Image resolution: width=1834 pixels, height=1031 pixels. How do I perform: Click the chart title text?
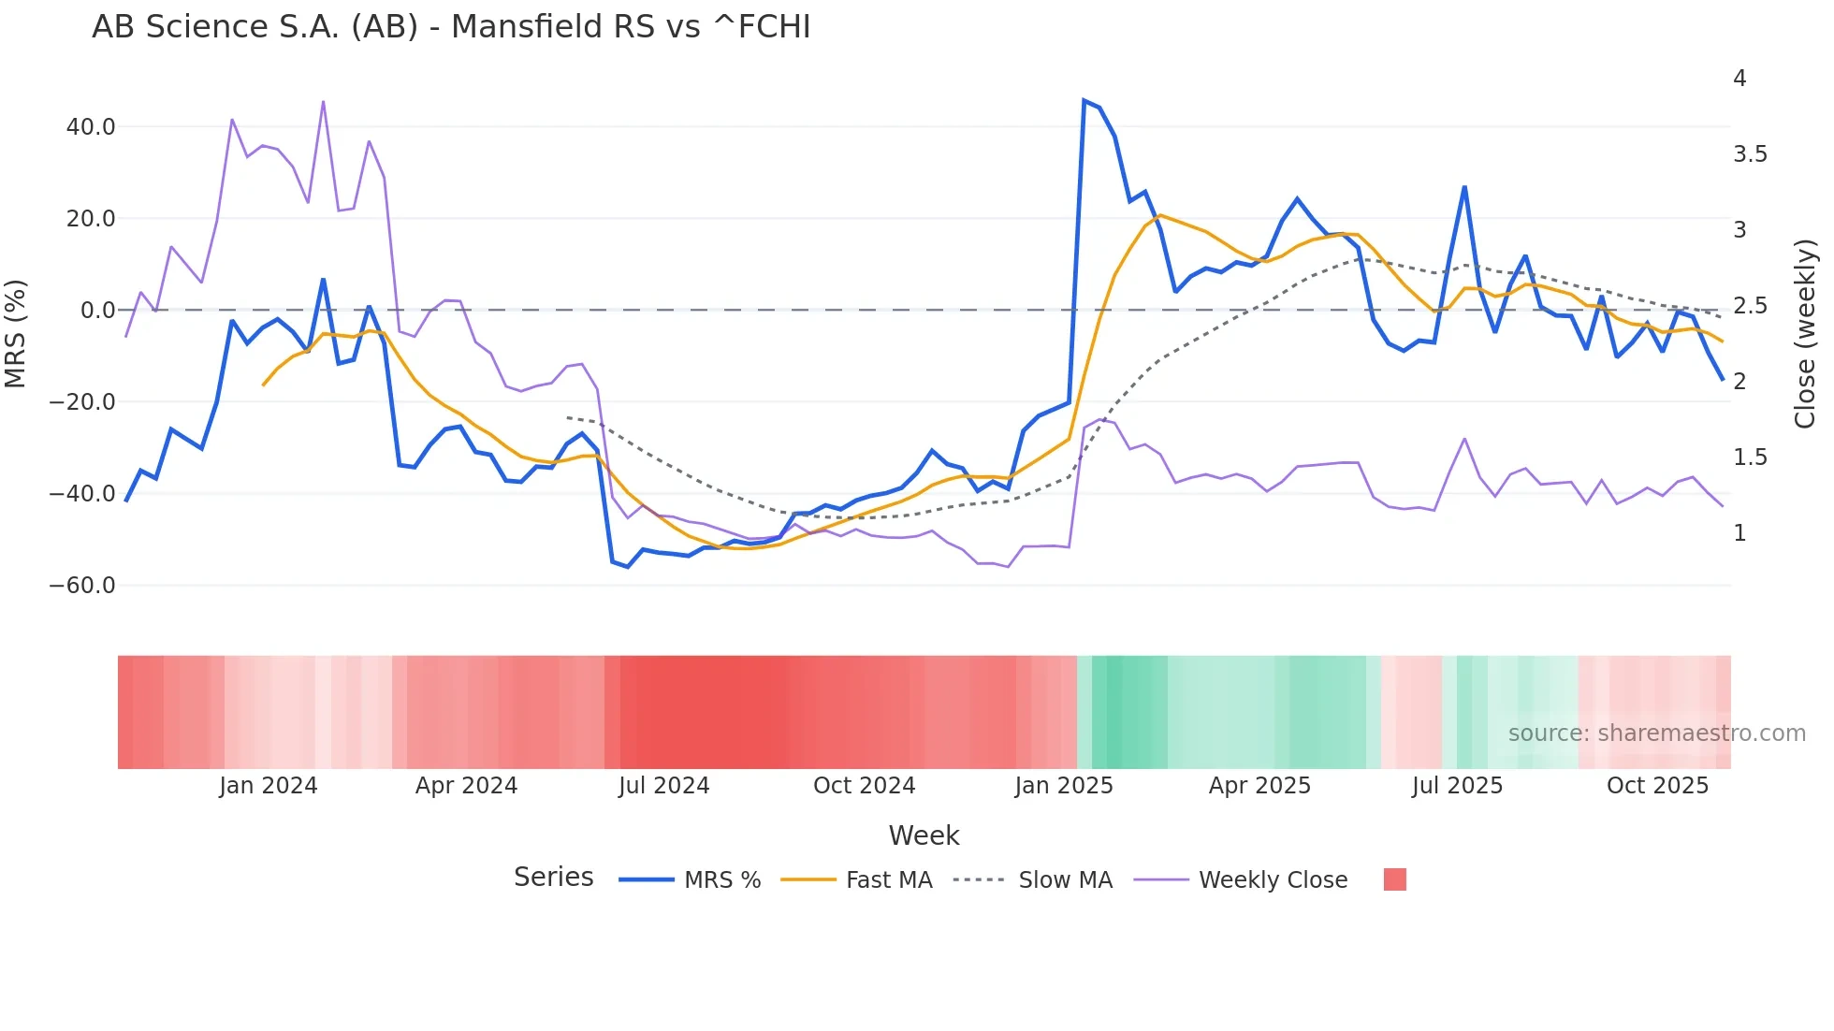tap(451, 27)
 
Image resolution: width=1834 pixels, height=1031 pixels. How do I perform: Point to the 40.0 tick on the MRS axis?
tap(91, 127)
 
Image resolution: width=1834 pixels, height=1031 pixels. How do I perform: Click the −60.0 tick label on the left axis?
tap(82, 586)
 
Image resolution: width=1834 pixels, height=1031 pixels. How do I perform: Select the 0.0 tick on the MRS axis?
tap(97, 311)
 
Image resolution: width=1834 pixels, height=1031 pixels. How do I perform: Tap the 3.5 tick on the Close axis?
tap(1750, 154)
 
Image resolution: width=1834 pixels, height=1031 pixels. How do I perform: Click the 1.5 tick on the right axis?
tap(1750, 457)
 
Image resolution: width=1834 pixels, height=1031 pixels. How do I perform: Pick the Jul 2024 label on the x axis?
tap(663, 786)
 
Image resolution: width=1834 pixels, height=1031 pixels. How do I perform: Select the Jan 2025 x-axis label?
tap(1064, 786)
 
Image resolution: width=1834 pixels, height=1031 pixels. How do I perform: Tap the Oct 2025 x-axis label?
tap(1657, 786)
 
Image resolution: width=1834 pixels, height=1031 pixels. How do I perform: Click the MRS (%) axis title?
tap(16, 333)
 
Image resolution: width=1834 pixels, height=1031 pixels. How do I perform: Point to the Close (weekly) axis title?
tap(1805, 333)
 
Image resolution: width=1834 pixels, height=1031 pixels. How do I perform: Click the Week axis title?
tap(924, 835)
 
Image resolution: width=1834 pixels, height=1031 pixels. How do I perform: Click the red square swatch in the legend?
tap(1394, 879)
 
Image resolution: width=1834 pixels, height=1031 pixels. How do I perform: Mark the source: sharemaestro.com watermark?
tap(1656, 733)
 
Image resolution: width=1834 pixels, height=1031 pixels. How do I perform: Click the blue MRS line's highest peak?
tap(1084, 100)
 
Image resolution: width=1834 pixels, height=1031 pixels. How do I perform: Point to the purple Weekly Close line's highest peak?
tap(323, 101)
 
